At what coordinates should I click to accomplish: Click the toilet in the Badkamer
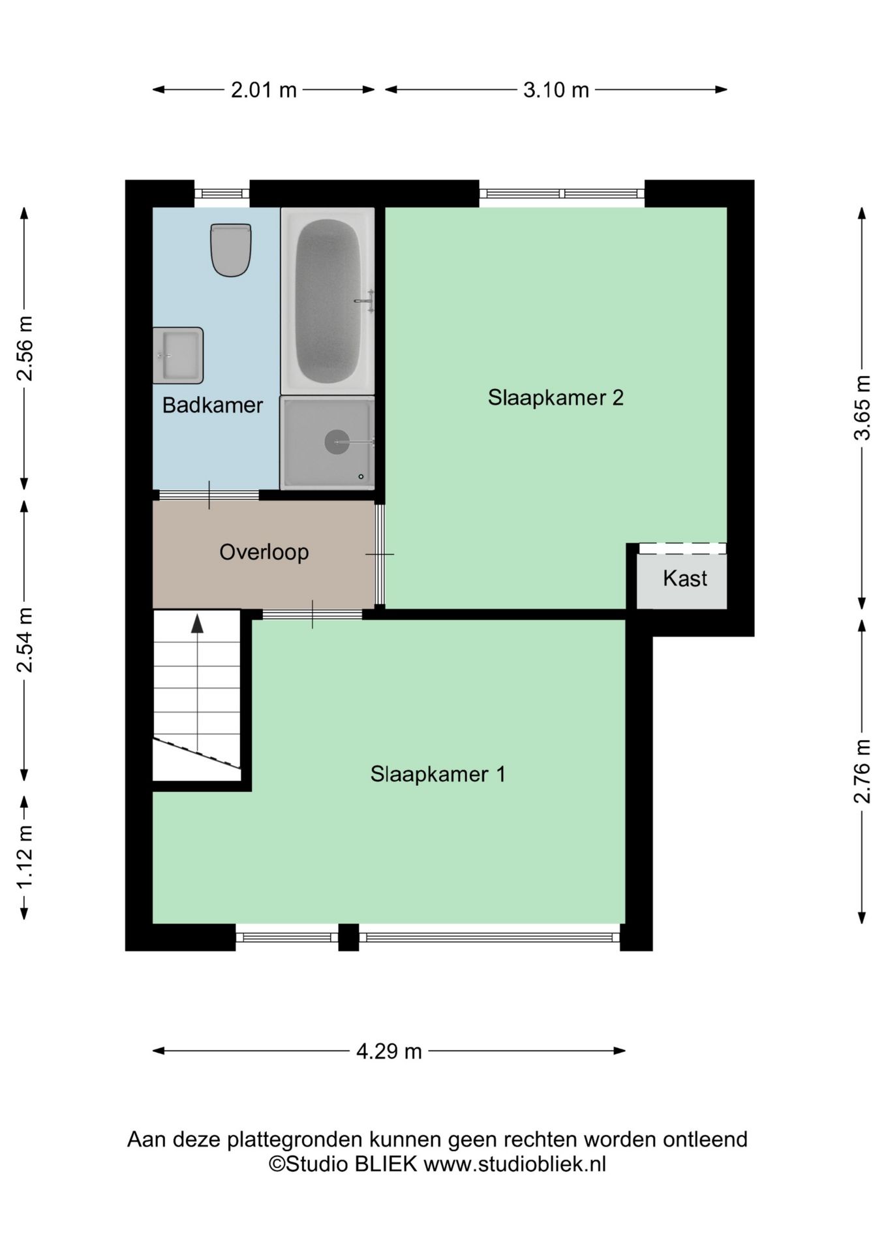[231, 250]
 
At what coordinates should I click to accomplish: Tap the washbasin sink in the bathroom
[178, 355]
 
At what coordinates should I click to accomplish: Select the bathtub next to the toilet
[328, 301]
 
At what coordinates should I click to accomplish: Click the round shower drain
[337, 442]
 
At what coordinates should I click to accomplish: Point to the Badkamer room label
[213, 405]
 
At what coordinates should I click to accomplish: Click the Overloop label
[264, 552]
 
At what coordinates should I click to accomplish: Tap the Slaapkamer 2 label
[556, 397]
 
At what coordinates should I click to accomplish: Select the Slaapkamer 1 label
[438, 774]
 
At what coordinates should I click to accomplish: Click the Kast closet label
[685, 578]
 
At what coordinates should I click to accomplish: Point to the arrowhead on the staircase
[197, 624]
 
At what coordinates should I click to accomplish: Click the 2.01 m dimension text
[264, 89]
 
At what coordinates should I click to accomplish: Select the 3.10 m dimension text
[556, 89]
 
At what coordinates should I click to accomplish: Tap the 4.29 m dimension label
[389, 1051]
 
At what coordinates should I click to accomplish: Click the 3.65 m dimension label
[863, 408]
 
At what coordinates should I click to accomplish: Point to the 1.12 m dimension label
[24, 857]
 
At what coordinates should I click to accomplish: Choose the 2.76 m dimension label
[863, 771]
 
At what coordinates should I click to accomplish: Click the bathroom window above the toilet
[222, 193]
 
